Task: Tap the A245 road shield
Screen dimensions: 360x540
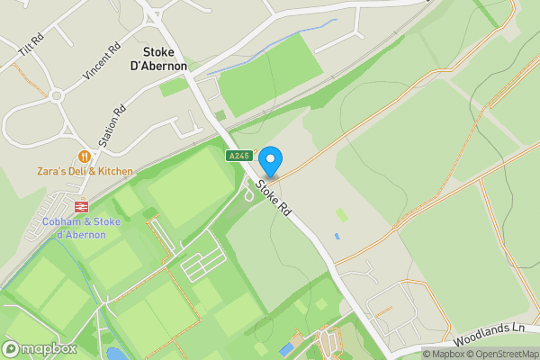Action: click(x=238, y=156)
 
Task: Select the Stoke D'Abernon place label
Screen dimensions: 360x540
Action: click(x=165, y=58)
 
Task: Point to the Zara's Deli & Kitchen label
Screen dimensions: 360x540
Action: click(x=85, y=171)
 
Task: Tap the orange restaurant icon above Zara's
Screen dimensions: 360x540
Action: click(x=85, y=156)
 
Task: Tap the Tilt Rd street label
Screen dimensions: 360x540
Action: click(x=31, y=48)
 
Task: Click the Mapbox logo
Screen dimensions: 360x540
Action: click(x=40, y=348)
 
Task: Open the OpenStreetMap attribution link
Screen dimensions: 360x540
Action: click(x=505, y=354)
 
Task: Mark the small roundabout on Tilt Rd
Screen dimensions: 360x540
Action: click(x=57, y=94)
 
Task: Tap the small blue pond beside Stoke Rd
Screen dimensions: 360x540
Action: click(x=337, y=236)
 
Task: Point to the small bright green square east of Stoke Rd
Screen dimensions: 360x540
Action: click(x=341, y=215)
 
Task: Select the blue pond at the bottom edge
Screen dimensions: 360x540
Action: click(x=115, y=354)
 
